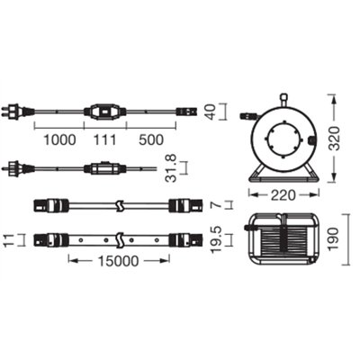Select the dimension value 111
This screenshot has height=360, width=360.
pyautogui.click(x=107, y=139)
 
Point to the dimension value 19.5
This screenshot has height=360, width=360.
pyautogui.click(x=229, y=240)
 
